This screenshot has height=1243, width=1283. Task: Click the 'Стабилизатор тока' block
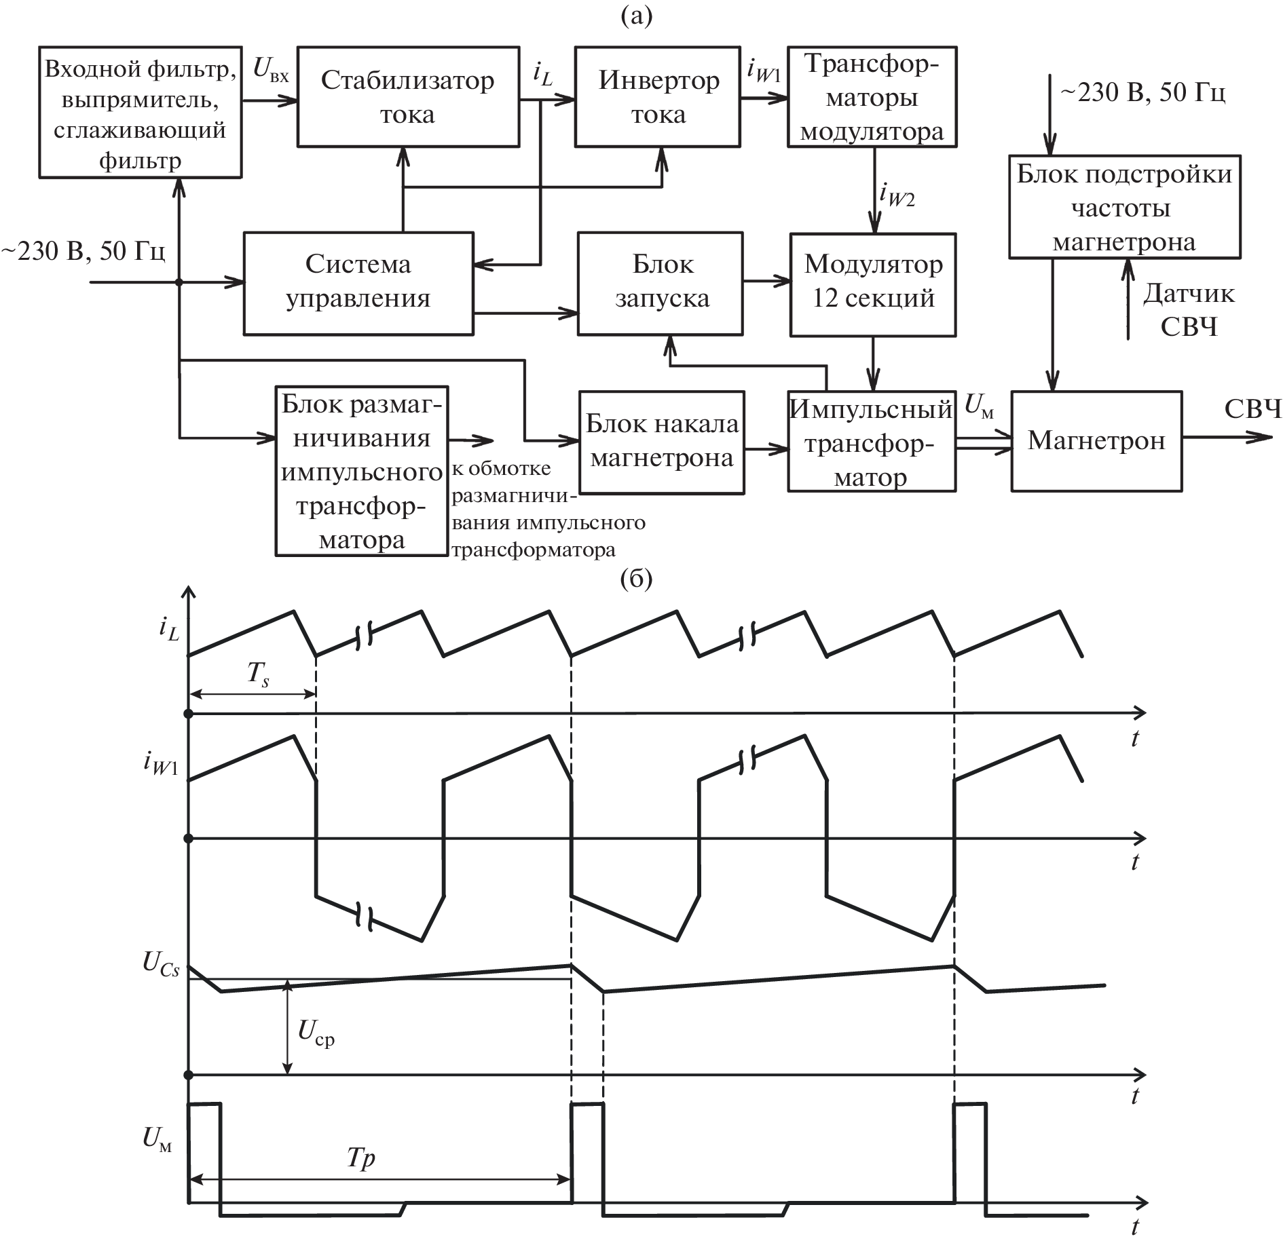click(x=408, y=96)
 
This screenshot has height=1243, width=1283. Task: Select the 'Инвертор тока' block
click(x=657, y=96)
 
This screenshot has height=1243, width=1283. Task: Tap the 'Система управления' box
click(x=358, y=283)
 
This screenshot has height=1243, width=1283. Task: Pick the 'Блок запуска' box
click(x=660, y=283)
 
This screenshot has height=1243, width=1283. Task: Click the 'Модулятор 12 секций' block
click(x=872, y=283)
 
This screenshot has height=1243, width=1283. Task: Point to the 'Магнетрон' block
click(x=1096, y=440)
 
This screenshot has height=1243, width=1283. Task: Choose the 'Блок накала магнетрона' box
click(x=661, y=441)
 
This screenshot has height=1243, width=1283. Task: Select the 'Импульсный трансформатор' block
click(x=872, y=441)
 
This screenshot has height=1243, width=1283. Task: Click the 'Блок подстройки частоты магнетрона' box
click(x=1124, y=207)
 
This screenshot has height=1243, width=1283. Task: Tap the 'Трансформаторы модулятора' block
click(x=872, y=96)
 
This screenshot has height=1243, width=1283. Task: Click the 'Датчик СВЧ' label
click(x=1189, y=310)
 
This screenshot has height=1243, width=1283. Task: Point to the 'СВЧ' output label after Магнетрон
click(x=1253, y=410)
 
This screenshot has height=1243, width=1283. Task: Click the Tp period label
click(x=360, y=1158)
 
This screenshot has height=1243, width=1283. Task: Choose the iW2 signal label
click(x=897, y=195)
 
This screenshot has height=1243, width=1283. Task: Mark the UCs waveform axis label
click(x=162, y=964)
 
